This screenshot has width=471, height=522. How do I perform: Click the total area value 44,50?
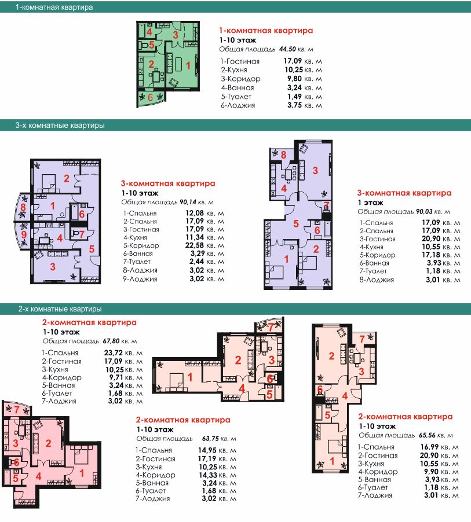[x=287, y=49]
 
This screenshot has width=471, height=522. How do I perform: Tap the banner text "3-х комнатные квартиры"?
[x=60, y=126]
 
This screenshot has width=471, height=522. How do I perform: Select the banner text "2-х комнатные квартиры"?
[x=60, y=309]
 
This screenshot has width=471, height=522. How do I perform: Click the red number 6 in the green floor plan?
[x=150, y=97]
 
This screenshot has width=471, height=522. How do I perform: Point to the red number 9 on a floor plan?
[x=24, y=235]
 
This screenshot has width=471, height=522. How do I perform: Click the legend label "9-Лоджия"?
[x=140, y=279]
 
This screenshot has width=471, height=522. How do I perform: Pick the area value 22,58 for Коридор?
[x=194, y=246]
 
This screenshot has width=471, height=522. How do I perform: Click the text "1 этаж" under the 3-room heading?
[x=370, y=203]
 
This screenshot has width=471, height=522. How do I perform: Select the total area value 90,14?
[x=188, y=202]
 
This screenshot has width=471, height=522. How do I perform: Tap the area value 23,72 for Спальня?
[x=114, y=353]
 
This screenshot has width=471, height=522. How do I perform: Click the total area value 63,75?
[x=210, y=439]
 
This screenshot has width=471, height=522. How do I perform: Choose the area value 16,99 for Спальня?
[x=429, y=447]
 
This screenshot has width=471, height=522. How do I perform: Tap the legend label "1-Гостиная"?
[x=240, y=61]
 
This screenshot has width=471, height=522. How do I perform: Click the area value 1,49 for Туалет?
[x=295, y=97]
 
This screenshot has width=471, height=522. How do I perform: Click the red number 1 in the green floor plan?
[x=188, y=65]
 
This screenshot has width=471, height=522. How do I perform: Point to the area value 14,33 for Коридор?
[x=208, y=475]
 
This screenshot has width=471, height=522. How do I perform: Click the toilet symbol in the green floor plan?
[x=144, y=45]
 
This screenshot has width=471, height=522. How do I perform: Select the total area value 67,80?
[x=111, y=341]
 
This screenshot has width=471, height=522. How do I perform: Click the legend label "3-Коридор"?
[x=240, y=79]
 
